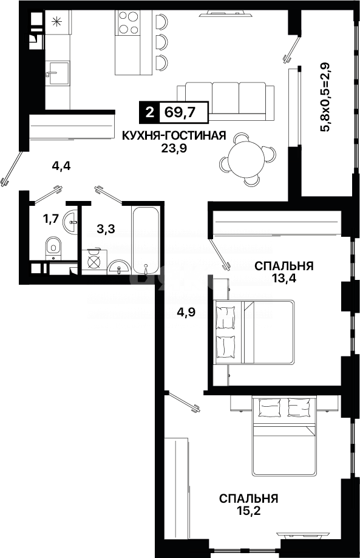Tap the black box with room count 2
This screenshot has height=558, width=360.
click(x=148, y=112)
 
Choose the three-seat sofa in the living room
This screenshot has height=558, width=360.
click(x=226, y=98)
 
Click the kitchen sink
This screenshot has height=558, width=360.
click(x=58, y=74)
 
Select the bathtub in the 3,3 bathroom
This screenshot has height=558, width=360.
click(x=146, y=242)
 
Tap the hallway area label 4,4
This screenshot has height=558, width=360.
click(x=61, y=166)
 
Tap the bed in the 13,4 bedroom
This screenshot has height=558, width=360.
click(x=255, y=333)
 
